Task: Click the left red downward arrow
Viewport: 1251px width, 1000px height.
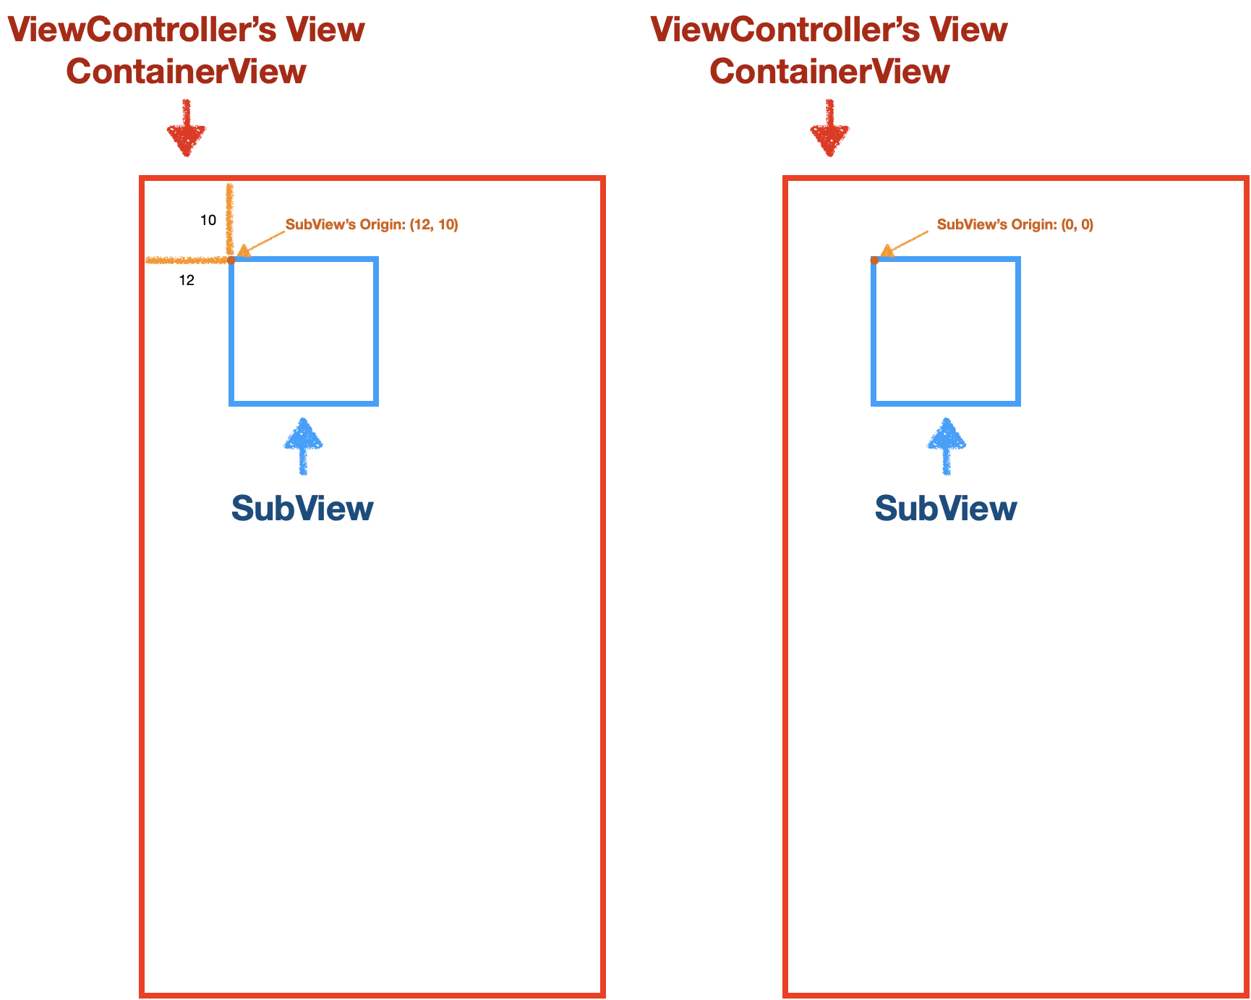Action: tap(187, 130)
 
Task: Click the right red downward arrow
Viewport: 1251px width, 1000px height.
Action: tap(829, 130)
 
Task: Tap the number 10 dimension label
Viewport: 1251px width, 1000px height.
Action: tap(208, 221)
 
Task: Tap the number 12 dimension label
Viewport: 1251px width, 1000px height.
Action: tap(187, 281)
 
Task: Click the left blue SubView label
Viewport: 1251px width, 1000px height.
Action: tap(302, 509)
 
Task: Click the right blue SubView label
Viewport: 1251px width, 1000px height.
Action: tap(946, 509)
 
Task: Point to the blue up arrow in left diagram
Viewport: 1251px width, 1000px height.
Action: tap(303, 445)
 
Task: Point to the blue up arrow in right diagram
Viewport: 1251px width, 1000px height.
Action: tap(947, 445)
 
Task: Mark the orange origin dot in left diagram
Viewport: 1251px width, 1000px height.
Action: tap(231, 260)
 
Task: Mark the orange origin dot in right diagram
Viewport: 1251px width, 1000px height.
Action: tap(874, 260)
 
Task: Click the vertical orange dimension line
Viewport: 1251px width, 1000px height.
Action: tap(229, 217)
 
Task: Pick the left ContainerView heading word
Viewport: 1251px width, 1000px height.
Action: tap(187, 72)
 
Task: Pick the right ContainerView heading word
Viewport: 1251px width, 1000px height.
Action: tap(829, 72)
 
